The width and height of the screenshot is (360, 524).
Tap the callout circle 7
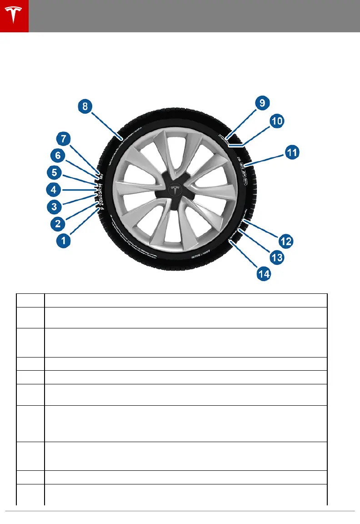point(64,138)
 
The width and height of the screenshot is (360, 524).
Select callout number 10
point(277,121)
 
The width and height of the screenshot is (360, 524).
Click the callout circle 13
point(277,257)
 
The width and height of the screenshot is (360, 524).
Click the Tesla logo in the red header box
point(14,16)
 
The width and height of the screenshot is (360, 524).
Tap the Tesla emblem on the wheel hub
point(174,191)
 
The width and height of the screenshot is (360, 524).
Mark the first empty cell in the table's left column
point(30,300)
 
